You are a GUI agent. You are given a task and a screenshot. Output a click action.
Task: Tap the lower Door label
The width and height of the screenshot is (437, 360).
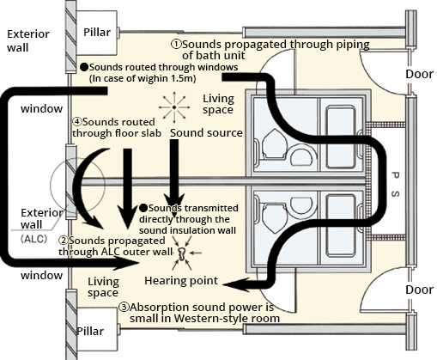pyautogui.click(x=419, y=290)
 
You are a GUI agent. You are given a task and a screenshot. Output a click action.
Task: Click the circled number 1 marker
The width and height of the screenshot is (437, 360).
pyautogui.click(x=175, y=40)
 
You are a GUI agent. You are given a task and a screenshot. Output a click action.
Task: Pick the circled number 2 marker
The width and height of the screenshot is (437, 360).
pyautogui.click(x=64, y=241)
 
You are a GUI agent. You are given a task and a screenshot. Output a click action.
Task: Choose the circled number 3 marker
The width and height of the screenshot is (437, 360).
pyautogui.click(x=124, y=306)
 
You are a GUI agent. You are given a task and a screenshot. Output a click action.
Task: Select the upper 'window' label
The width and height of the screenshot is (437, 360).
pyautogui.click(x=39, y=111)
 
